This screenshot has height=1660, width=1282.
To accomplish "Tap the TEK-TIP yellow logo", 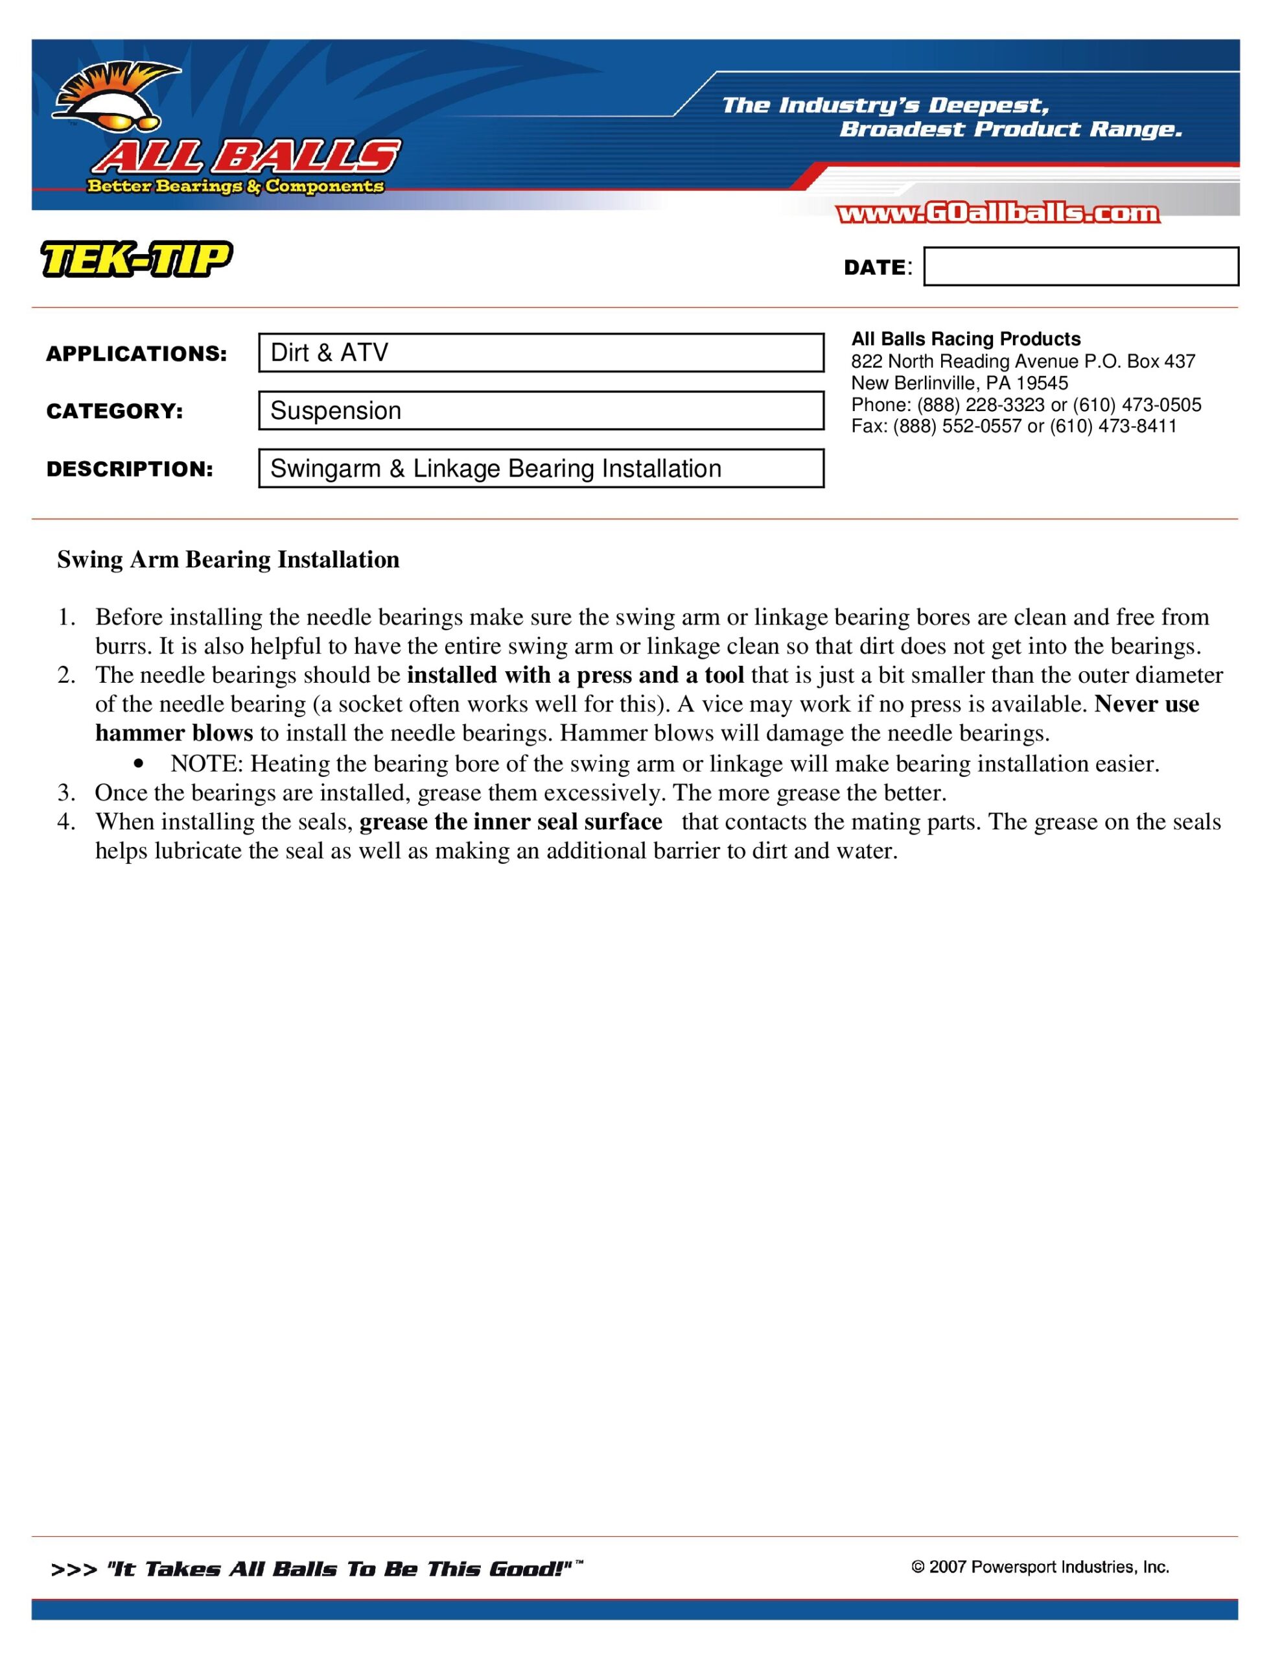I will (x=136, y=259).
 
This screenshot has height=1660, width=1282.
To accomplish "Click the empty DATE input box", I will (x=1080, y=267).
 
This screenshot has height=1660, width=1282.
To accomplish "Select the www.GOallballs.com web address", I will (x=997, y=213).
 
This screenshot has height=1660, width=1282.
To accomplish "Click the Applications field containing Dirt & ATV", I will (x=541, y=353).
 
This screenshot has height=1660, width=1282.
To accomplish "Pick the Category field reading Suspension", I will (x=541, y=410).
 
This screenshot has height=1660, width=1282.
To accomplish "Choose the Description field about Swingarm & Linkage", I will (x=541, y=468).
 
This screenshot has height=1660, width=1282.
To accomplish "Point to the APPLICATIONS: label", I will (x=137, y=354).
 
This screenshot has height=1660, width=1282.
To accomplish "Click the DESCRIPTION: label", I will (x=130, y=469).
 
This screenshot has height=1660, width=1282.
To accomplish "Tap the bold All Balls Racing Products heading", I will (x=965, y=339).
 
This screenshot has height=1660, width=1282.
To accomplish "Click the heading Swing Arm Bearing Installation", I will (x=228, y=560).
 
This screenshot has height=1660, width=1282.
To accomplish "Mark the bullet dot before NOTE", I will (x=137, y=764).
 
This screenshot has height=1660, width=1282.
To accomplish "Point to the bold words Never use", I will (x=1146, y=705).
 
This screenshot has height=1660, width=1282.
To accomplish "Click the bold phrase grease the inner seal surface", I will (x=511, y=822).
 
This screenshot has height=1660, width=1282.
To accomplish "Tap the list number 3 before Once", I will (x=65, y=794).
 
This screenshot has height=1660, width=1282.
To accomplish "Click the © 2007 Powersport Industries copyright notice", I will (x=1040, y=1567).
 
